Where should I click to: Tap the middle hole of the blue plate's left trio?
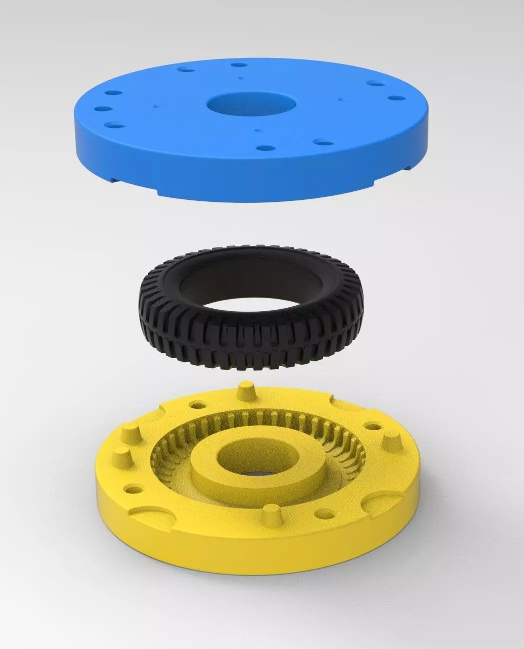[x=104, y=109]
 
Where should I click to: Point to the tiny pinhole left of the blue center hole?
[x=157, y=106]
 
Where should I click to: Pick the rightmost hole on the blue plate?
[x=397, y=98]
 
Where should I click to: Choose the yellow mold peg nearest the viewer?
[x=270, y=514]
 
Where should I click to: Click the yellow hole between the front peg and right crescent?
[x=328, y=512]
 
